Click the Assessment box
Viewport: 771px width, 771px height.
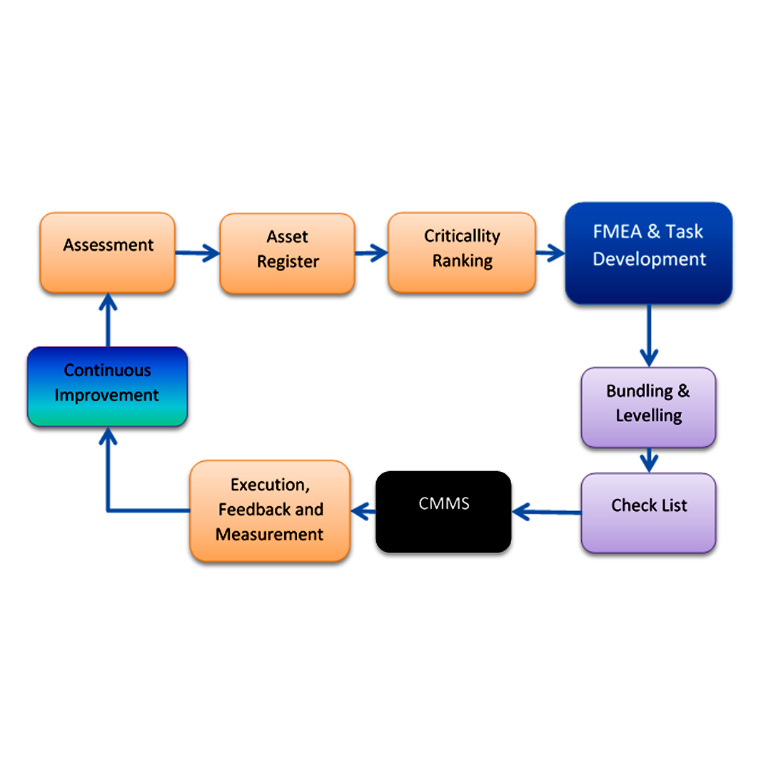107,252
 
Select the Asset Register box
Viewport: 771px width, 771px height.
287,253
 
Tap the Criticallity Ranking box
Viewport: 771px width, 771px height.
461,252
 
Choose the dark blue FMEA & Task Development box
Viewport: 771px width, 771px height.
648,253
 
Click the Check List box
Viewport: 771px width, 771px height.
648,513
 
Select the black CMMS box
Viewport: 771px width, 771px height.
443,511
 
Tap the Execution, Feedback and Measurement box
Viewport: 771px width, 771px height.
270,510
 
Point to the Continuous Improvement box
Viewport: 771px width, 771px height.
107,386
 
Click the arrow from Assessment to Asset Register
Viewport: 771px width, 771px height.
197,252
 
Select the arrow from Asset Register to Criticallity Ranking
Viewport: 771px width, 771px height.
371,252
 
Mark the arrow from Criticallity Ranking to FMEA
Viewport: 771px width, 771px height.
550,253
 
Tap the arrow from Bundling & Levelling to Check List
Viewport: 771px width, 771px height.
648,460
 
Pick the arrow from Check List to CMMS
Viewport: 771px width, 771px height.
546,511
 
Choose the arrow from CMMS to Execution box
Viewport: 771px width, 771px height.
363,510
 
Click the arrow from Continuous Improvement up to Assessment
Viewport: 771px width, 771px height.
108,319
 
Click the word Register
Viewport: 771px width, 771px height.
288,262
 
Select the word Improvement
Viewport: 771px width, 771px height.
107,395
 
